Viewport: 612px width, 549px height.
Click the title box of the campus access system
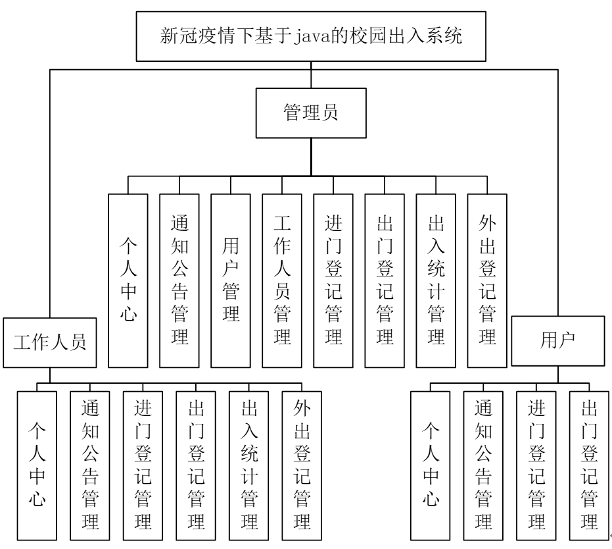(x=312, y=35)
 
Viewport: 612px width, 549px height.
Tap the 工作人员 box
(x=50, y=342)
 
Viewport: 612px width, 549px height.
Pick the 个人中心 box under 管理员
(x=128, y=280)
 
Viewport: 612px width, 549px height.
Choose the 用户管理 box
(x=230, y=280)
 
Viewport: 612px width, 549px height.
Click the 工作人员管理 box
(x=281, y=280)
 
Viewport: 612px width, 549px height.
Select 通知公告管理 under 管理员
(x=179, y=280)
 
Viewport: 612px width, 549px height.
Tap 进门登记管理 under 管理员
(x=333, y=280)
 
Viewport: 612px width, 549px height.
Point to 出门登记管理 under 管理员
(x=384, y=280)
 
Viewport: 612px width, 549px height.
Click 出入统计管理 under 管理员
(x=435, y=280)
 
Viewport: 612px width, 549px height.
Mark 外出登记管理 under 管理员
(x=486, y=280)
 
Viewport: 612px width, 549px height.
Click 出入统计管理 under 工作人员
(x=248, y=464)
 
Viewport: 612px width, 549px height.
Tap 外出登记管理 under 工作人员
(x=301, y=464)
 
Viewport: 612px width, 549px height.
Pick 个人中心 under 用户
(x=429, y=464)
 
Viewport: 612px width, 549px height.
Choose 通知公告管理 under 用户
(x=483, y=464)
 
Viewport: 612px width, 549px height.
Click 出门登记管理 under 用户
(x=588, y=464)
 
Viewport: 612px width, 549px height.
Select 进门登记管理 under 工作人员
(x=141, y=464)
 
